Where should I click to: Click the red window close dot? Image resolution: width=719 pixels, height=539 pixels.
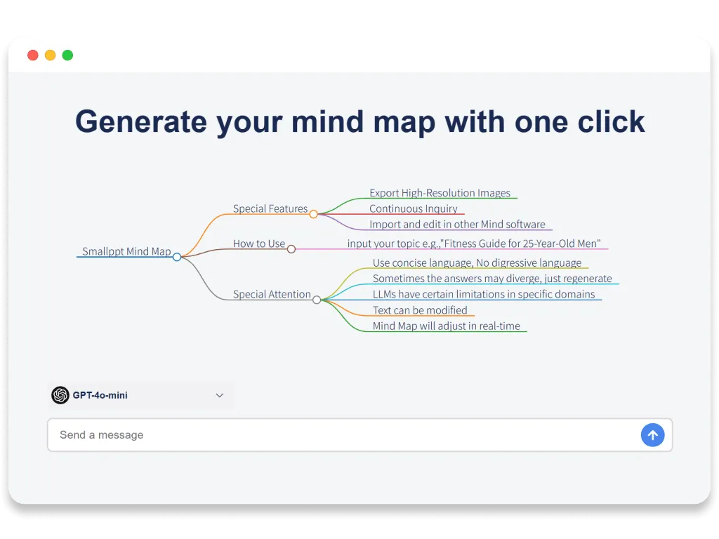click(33, 55)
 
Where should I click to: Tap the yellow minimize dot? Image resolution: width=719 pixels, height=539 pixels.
click(51, 55)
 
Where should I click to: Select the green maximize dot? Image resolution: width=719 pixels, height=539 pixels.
click(67, 55)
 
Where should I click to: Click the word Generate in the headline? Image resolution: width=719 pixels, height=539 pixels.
click(140, 121)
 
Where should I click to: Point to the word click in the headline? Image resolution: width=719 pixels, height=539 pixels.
click(610, 121)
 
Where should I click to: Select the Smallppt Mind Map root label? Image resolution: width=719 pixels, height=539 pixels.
click(126, 251)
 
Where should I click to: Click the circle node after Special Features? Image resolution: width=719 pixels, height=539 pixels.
click(314, 214)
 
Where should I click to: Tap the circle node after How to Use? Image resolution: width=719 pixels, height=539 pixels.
click(291, 248)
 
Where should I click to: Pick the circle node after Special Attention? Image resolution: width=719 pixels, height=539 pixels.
click(317, 300)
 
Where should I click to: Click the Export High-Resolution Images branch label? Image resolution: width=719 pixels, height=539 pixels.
click(440, 193)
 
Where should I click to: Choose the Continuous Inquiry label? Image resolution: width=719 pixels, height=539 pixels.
click(413, 208)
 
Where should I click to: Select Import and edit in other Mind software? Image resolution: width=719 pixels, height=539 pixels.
click(457, 225)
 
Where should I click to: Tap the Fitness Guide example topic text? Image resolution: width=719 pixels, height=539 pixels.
click(474, 244)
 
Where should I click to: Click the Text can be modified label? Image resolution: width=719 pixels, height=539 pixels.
click(420, 310)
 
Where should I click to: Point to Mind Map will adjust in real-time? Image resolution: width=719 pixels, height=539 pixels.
click(446, 326)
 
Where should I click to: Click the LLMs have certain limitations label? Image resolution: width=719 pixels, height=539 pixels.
click(483, 294)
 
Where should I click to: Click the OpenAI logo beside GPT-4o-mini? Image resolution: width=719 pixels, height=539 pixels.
click(60, 395)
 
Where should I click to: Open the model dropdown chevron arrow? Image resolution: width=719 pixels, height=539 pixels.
click(220, 395)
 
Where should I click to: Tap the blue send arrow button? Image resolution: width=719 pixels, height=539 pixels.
click(652, 435)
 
